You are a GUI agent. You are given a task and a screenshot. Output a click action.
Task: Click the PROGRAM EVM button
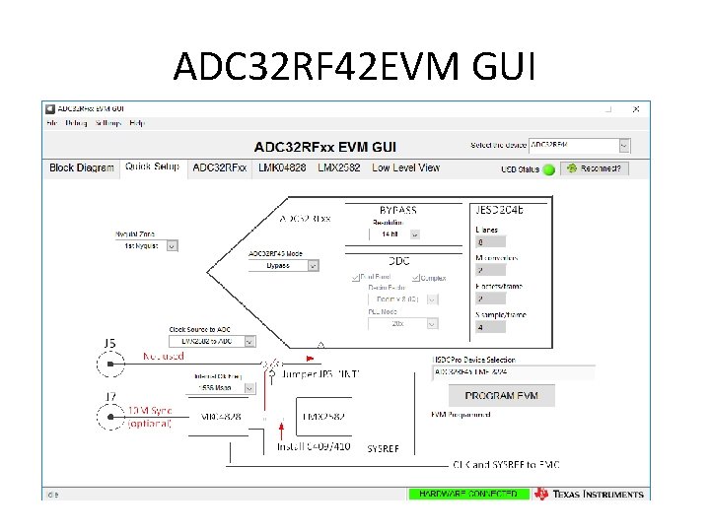[502, 395]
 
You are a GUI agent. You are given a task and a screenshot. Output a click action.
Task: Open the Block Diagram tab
[82, 167]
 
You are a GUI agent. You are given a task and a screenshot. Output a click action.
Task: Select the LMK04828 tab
[282, 167]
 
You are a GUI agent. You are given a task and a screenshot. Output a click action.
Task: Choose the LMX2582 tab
[339, 167]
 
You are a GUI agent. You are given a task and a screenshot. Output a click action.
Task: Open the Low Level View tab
[405, 167]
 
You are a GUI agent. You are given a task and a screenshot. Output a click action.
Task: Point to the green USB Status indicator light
[550, 168]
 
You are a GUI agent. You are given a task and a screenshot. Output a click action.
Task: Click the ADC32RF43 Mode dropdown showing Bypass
[284, 265]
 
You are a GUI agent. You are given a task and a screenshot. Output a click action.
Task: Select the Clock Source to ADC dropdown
[212, 341]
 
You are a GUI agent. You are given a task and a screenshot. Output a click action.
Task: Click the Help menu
[136, 123]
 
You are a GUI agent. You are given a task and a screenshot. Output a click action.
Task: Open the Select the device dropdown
[579, 145]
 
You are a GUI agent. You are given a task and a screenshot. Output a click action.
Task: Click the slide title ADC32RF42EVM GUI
[355, 67]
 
